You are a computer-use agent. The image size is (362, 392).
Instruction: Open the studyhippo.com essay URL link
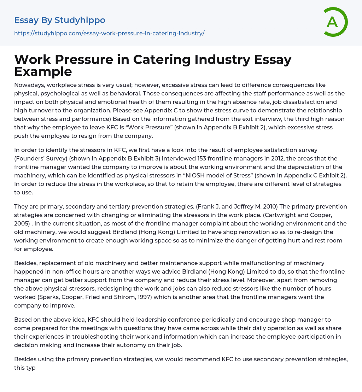109,34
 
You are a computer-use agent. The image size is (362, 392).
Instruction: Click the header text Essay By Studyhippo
60,20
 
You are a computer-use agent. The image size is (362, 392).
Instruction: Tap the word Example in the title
43,71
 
